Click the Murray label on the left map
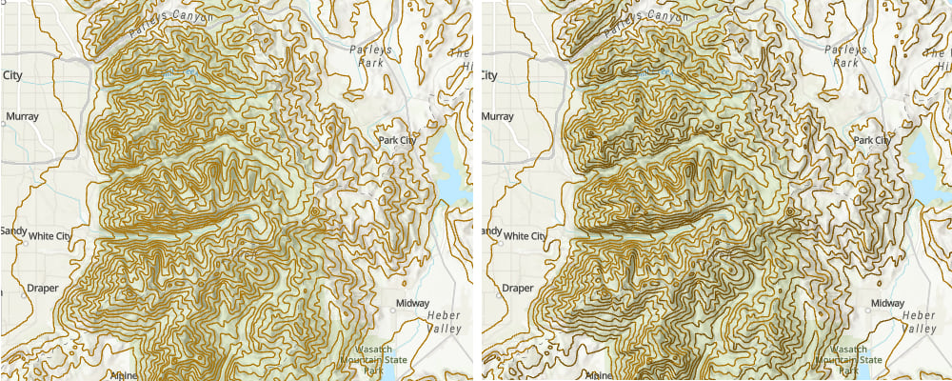click(x=22, y=118)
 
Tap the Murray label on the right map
click(x=498, y=118)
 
